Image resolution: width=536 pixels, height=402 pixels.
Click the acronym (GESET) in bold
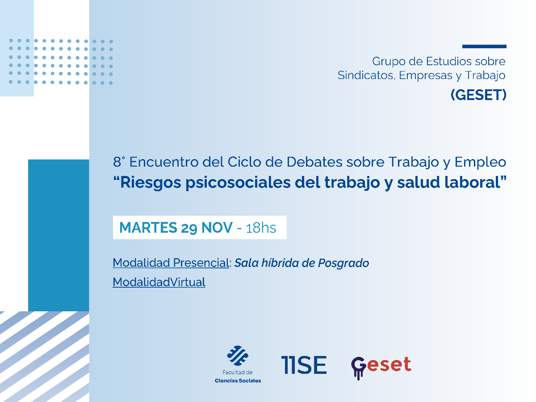pos(478,95)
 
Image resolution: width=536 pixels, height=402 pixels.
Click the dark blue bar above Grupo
pos(484,46)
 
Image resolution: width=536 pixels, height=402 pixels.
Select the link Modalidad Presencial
pos(171,263)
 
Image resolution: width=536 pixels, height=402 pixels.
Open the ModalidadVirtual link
pos(159,282)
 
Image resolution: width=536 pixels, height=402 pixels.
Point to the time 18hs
pos(261,228)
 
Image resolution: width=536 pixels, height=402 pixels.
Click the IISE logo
pos(304,364)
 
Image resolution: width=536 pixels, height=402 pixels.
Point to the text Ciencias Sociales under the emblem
pos(238,381)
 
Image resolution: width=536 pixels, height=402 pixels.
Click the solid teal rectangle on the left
pos(59,235)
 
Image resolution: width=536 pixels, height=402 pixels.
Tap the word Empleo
pos(480,162)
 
